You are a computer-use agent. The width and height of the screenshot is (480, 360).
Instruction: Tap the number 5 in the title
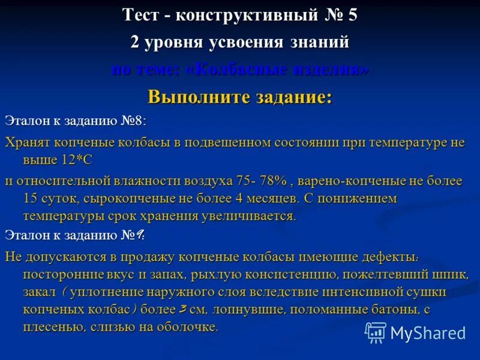[352, 15]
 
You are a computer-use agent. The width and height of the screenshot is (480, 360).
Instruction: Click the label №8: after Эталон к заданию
[131, 121]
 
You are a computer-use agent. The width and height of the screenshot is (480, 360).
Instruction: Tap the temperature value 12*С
[74, 160]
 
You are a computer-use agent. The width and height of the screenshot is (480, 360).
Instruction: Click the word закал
[39, 292]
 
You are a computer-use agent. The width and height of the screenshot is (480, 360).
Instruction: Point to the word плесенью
[52, 328]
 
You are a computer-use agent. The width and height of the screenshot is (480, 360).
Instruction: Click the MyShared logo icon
[376, 332]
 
